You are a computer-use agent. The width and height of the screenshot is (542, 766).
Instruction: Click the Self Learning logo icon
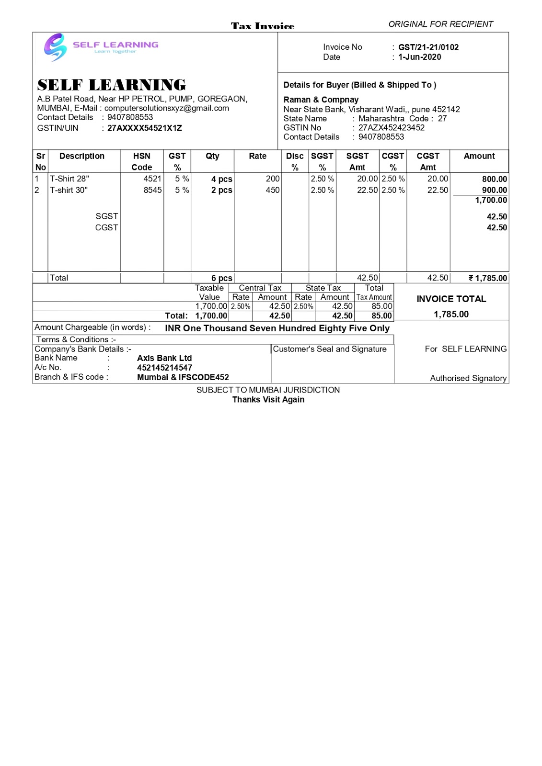tap(55, 47)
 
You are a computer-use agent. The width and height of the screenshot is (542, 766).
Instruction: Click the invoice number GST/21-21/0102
tap(428, 47)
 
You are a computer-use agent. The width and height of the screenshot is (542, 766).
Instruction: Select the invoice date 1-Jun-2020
tap(419, 57)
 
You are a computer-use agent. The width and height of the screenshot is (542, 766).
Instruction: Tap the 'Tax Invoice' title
tap(263, 26)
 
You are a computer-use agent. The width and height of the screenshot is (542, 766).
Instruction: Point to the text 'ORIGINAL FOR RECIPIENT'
tap(440, 24)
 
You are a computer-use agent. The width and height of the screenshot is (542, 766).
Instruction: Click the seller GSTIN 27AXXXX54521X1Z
tap(144, 128)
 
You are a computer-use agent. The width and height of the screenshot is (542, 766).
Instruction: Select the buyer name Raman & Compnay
tap(321, 100)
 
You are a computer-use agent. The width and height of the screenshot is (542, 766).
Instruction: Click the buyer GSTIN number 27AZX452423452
tap(391, 128)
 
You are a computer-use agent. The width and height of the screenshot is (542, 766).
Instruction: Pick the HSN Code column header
tap(142, 161)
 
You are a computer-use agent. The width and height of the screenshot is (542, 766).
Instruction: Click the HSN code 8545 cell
tap(152, 190)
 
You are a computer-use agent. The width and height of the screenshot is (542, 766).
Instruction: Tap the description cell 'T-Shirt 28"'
tap(69, 179)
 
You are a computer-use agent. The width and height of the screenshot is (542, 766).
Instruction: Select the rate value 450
tap(272, 190)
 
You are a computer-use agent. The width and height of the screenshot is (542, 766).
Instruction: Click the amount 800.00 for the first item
tap(494, 179)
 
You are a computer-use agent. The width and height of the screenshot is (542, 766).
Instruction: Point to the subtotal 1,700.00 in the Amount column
tap(491, 200)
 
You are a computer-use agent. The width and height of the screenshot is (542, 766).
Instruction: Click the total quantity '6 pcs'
tap(221, 278)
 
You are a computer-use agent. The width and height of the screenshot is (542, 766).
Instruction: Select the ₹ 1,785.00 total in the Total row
tap(487, 278)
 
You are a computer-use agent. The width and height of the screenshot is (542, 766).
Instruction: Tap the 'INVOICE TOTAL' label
tap(451, 299)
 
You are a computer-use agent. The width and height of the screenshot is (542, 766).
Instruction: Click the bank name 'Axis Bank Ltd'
tap(164, 358)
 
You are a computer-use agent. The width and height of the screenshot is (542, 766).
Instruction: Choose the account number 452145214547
tap(164, 368)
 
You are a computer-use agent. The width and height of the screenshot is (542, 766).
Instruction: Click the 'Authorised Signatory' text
tap(468, 378)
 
